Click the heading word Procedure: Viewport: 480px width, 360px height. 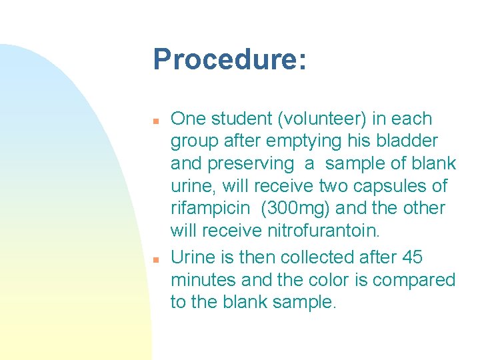pyautogui.click(x=230, y=60)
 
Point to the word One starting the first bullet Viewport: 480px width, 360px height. pyautogui.click(x=189, y=119)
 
